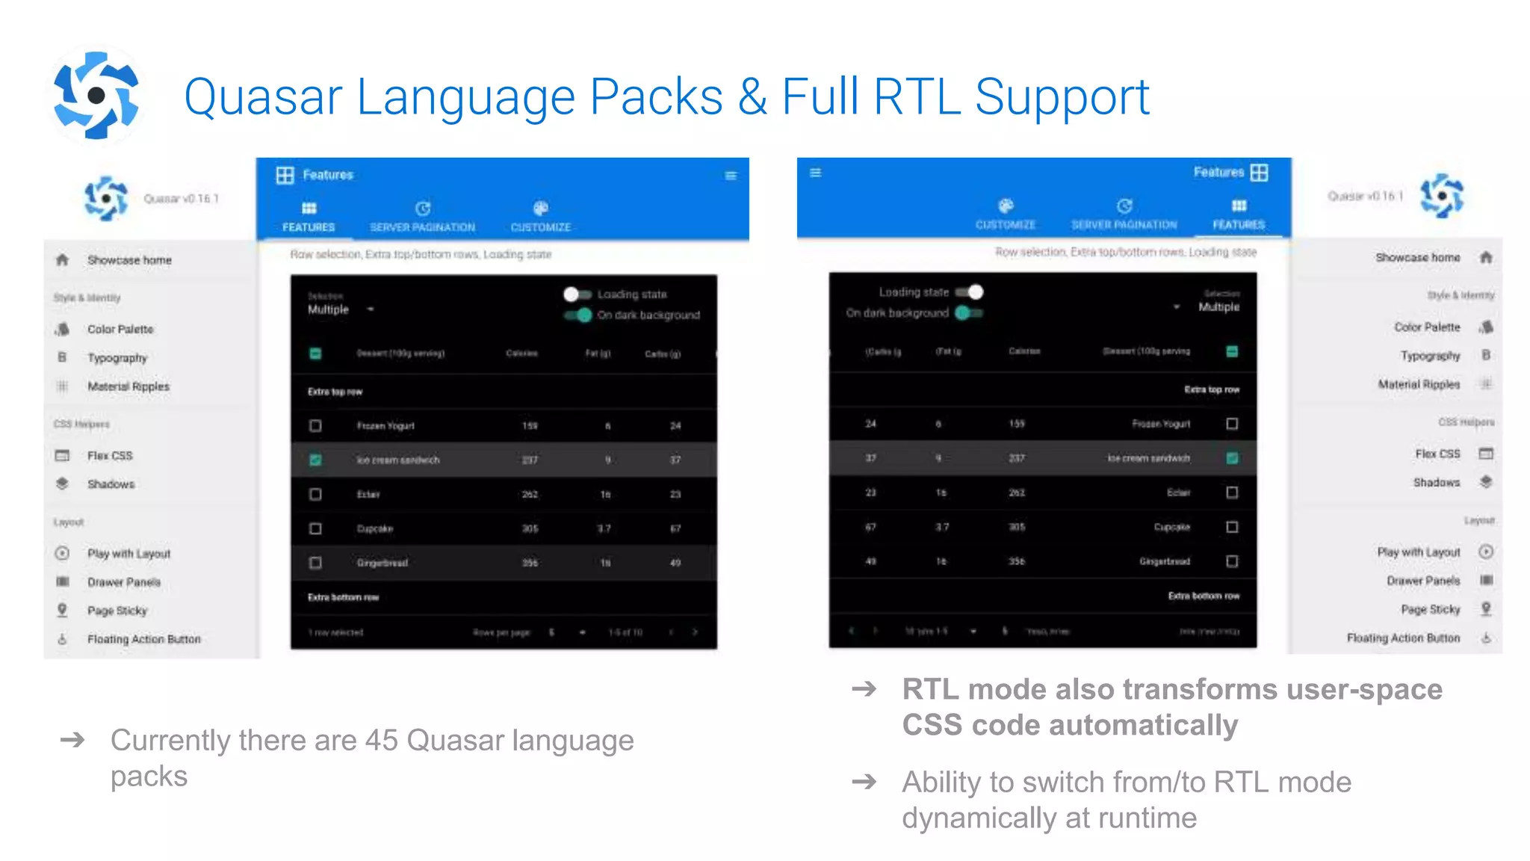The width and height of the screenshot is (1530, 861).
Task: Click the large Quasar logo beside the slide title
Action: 96,96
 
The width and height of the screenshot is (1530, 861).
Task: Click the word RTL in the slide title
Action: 917,97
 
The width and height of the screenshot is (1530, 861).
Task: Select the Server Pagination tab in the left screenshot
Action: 422,216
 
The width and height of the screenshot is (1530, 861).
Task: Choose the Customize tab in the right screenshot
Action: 1006,214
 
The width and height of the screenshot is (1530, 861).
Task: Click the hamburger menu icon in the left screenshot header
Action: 731,176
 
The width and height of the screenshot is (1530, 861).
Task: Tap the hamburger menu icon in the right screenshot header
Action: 816,173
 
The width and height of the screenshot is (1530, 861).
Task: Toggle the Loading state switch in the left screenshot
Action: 577,294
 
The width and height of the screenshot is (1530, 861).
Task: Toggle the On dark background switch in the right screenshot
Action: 969,313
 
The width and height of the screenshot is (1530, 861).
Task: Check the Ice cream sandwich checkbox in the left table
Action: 316,460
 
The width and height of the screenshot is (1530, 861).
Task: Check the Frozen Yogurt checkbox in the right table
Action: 1232,424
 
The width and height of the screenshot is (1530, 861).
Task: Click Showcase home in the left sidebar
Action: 129,260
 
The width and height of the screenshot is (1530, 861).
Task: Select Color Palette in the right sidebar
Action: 1426,327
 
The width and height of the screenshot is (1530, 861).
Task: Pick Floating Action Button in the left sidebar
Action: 143,639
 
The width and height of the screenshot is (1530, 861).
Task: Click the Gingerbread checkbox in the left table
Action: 316,563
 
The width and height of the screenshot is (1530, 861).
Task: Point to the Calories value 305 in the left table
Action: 530,528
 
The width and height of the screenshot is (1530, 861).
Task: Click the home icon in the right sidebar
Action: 1486,257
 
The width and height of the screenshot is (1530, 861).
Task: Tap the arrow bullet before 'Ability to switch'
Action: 864,783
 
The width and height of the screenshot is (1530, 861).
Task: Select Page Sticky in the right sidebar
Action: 1430,609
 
